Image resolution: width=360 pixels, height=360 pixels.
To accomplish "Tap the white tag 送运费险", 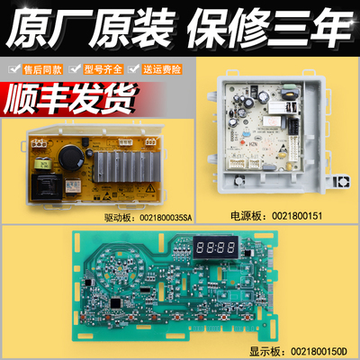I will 167,69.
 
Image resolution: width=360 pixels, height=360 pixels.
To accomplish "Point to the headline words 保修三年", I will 266,27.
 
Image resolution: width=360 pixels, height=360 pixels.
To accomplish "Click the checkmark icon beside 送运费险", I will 142,69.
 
